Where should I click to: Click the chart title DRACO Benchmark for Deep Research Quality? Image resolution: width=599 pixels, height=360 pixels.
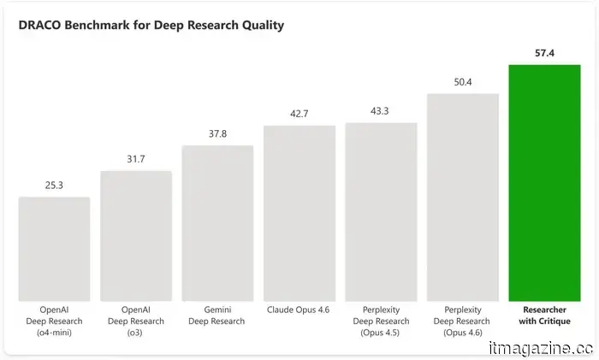click(x=151, y=26)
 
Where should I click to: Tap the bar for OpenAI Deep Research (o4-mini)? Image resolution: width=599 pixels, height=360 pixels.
click(x=54, y=249)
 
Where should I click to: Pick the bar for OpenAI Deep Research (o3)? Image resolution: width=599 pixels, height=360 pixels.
click(x=136, y=236)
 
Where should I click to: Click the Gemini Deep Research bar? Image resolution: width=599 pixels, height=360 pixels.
click(x=217, y=223)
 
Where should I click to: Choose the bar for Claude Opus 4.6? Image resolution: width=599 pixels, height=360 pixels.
click(x=299, y=213)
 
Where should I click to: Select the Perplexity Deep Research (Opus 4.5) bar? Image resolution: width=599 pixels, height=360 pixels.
click(x=381, y=212)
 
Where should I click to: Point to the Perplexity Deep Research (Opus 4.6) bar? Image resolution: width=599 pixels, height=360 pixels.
click(x=462, y=198)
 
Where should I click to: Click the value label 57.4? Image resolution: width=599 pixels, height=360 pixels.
click(x=544, y=53)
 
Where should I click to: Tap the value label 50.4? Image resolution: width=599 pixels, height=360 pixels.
click(x=462, y=82)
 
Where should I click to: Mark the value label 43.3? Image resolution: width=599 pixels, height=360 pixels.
click(x=381, y=112)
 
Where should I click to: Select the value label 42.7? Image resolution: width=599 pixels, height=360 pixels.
click(x=299, y=114)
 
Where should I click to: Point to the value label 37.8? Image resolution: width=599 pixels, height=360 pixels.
click(x=217, y=134)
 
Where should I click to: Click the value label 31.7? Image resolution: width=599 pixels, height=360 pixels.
click(x=136, y=160)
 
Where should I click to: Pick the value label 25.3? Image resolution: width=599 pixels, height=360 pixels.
click(x=54, y=186)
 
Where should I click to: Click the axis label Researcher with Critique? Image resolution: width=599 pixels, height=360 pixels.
click(x=544, y=316)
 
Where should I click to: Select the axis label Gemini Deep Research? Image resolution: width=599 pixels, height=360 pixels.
click(x=217, y=316)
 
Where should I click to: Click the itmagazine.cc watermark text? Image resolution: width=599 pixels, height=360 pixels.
click(x=540, y=348)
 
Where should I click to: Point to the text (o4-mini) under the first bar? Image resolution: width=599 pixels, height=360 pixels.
click(x=54, y=332)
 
